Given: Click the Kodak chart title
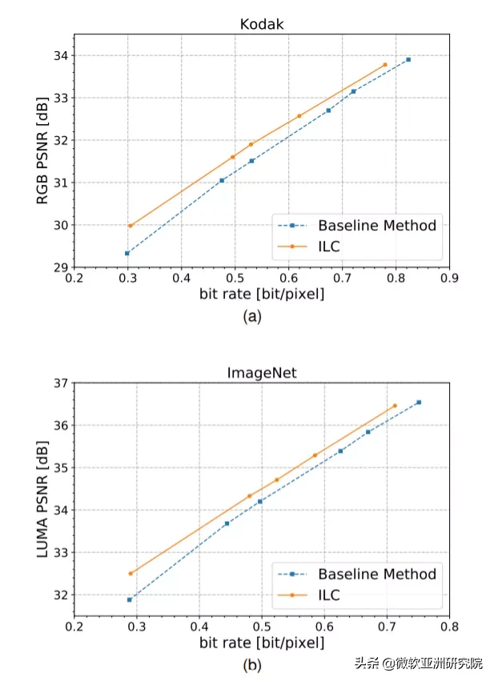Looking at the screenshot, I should (x=262, y=24).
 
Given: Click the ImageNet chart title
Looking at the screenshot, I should (x=262, y=371).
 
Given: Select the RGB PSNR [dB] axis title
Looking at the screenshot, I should (x=42, y=150).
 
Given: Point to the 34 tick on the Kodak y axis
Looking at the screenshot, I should (x=61, y=56).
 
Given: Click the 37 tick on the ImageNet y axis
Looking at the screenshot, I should (x=61, y=383).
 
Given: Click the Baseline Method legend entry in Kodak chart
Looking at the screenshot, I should (x=377, y=225).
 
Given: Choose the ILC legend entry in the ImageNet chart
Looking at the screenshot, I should (x=329, y=595).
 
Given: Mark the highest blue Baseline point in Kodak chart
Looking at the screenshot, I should (x=408, y=59).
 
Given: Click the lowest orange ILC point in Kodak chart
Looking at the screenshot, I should (x=131, y=226).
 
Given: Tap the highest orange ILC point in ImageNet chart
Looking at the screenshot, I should (x=394, y=406).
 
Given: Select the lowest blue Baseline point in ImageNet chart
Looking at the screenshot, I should (x=130, y=599).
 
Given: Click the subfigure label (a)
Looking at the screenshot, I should (x=251, y=316).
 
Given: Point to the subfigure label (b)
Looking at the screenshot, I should (x=251, y=663).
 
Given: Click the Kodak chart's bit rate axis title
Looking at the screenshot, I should (x=262, y=294).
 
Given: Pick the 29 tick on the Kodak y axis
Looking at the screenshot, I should (x=61, y=267).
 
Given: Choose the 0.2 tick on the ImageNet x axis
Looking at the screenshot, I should (x=74, y=628).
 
